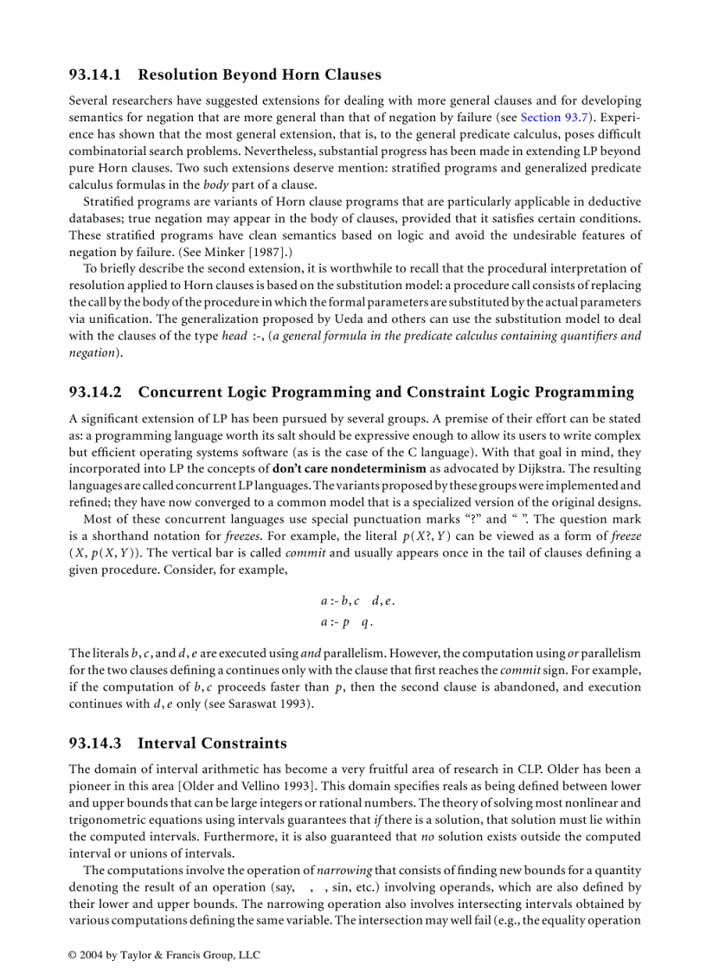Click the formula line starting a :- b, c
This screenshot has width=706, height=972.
357,601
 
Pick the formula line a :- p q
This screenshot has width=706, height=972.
346,621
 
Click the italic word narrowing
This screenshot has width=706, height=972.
343,870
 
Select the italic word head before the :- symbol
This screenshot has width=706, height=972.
234,337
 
